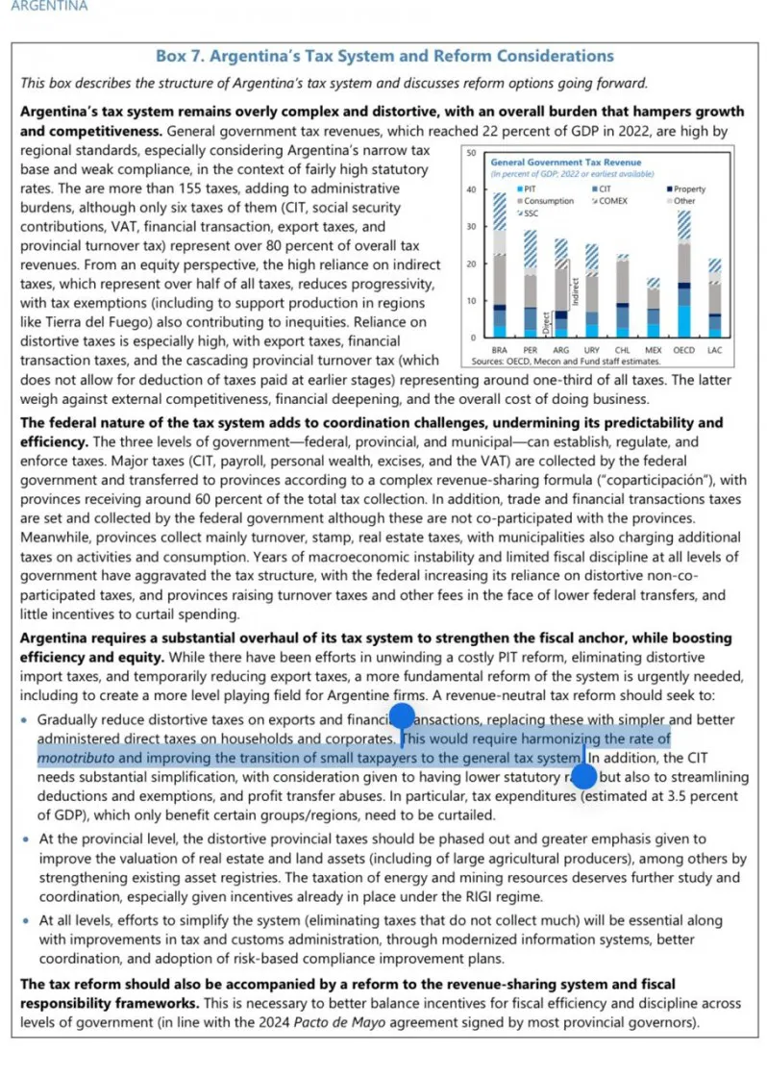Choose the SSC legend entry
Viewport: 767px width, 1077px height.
coord(527,213)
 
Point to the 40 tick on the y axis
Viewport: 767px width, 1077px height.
coord(471,189)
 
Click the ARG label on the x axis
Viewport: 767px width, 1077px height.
coord(561,350)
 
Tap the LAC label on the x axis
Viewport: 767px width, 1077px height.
coord(714,350)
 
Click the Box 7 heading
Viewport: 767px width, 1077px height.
coord(383,57)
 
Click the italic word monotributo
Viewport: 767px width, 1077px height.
coord(75,757)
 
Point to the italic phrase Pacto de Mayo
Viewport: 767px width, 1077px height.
coord(478,1021)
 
